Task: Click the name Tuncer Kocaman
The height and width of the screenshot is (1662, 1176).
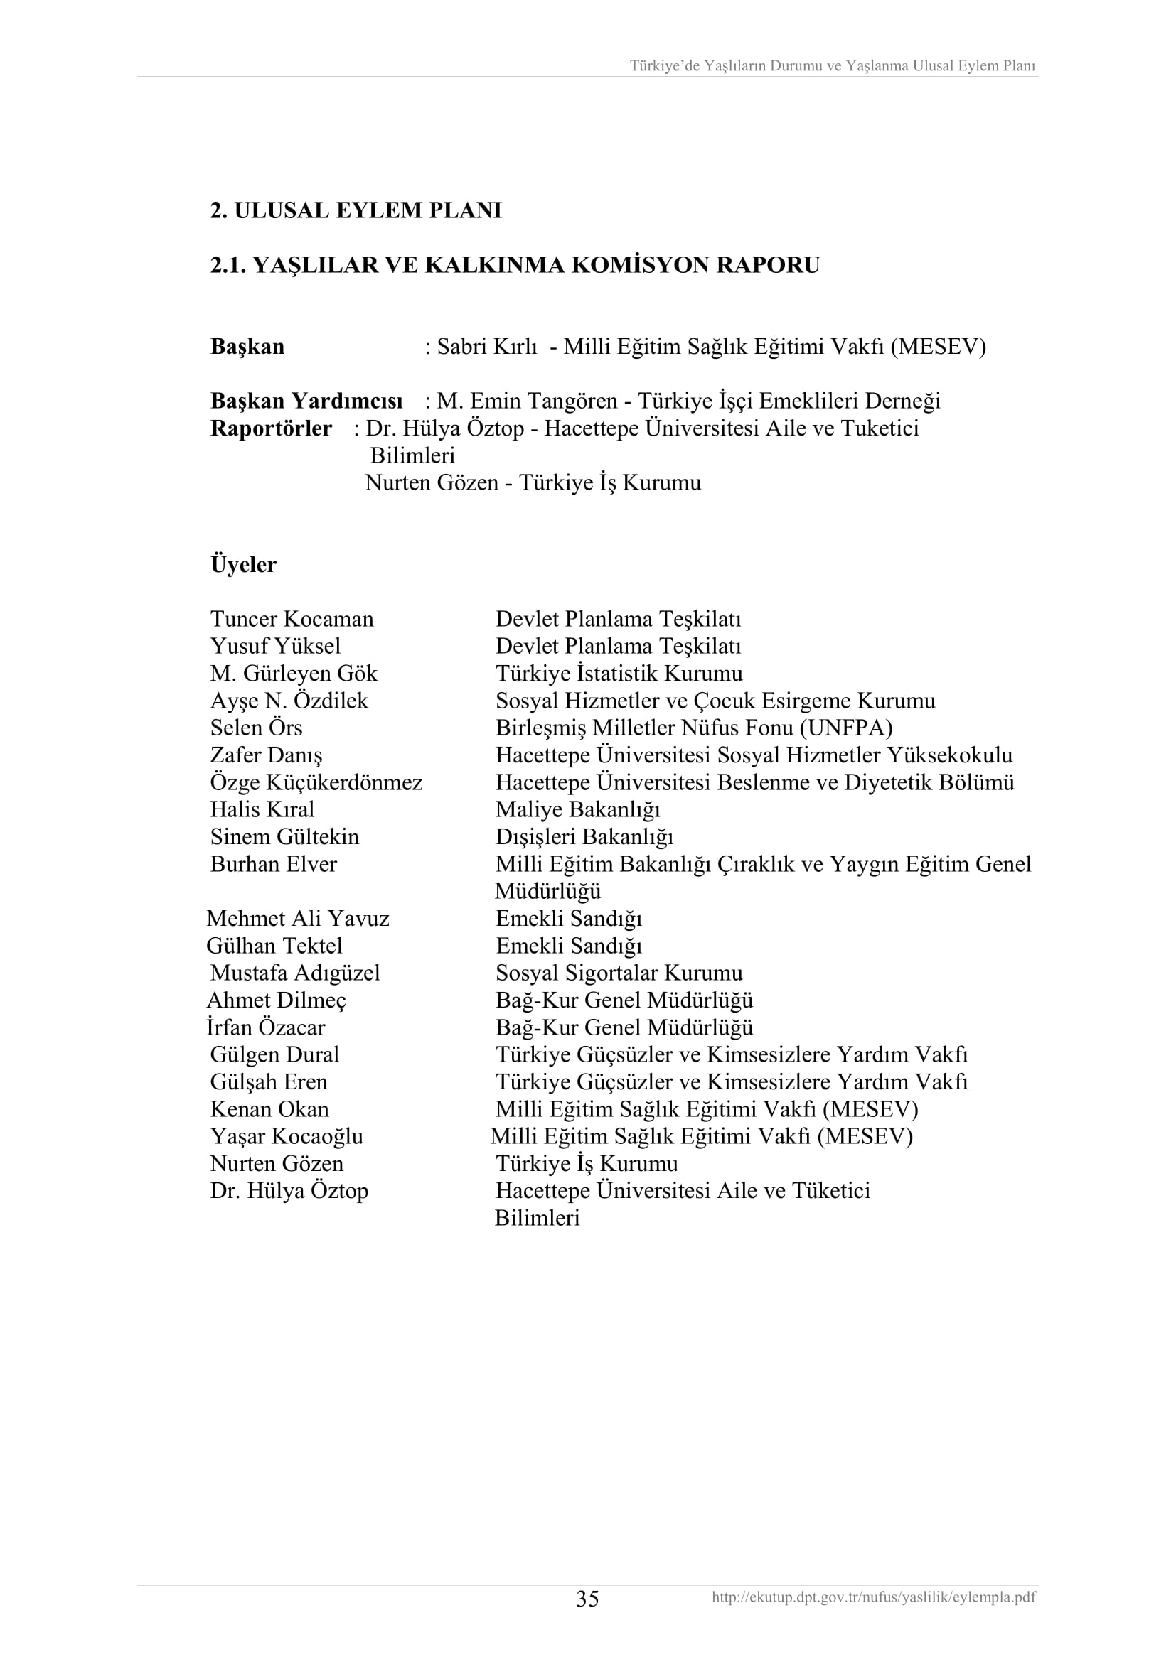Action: [292, 619]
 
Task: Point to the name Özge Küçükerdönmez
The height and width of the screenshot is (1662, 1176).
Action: [316, 782]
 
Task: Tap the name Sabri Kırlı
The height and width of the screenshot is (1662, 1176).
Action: [486, 347]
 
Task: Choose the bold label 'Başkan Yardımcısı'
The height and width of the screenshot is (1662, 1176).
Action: [306, 401]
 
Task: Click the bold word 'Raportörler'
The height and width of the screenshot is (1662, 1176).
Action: [271, 428]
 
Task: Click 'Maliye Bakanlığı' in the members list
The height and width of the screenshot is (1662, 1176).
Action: [577, 809]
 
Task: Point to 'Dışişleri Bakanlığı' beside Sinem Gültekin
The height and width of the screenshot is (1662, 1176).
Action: [584, 837]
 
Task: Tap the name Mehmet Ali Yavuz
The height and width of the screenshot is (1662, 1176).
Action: [298, 919]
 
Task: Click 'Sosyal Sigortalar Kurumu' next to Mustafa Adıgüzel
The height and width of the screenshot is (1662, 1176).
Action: [619, 973]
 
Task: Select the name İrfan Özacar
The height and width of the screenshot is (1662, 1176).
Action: [266, 1027]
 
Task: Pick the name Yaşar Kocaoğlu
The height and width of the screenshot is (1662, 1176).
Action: [286, 1136]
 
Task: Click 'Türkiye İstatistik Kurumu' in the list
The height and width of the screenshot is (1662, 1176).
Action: [619, 673]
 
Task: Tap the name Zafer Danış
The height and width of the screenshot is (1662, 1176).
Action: [266, 755]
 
